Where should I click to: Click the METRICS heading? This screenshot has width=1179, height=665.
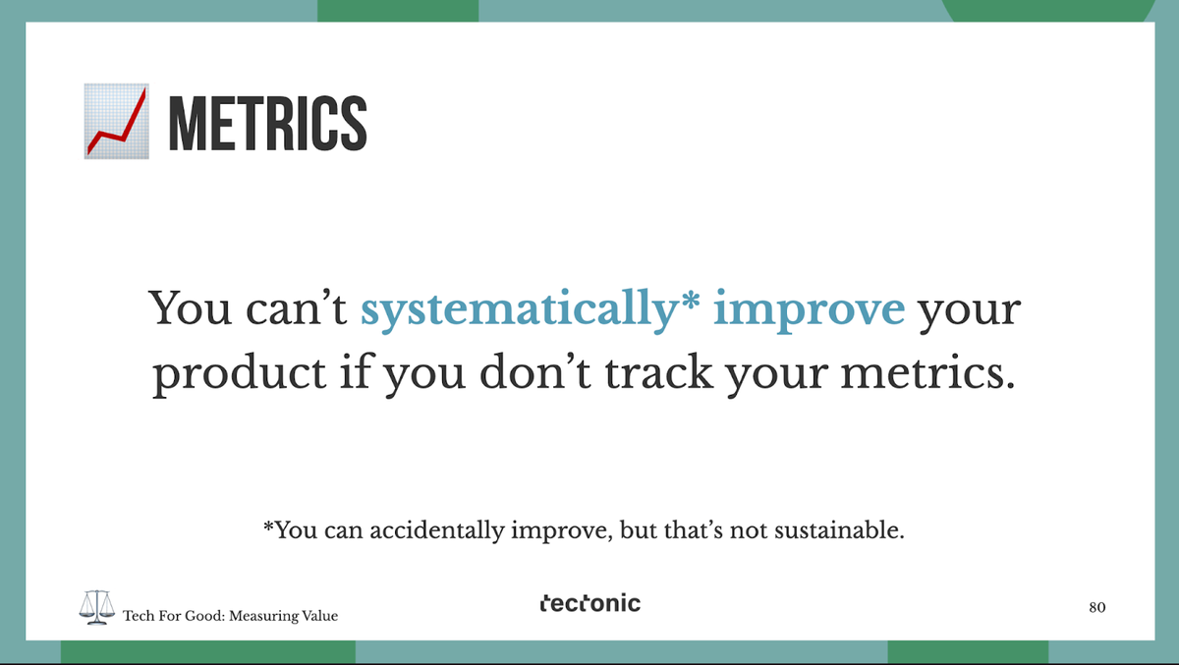coord(267,123)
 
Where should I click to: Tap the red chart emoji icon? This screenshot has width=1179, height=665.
coord(116,121)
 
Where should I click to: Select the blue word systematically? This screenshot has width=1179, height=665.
coord(518,311)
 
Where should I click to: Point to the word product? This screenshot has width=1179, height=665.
coord(239,373)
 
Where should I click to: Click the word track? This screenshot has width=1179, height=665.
coord(658,372)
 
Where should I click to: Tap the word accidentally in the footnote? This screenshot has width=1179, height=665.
coord(436,530)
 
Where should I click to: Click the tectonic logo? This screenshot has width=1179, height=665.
coord(590,603)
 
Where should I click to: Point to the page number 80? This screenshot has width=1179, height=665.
coord(1096,608)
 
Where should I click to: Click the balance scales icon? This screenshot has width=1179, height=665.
coord(97,607)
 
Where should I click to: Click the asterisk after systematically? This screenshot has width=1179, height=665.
coord(689,301)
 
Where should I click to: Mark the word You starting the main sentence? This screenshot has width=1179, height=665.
coord(190,307)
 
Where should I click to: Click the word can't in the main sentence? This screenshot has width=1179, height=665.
coord(296,307)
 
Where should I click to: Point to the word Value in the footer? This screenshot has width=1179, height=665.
coord(319,616)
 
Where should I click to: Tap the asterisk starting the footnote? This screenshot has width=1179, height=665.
coord(268,526)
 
